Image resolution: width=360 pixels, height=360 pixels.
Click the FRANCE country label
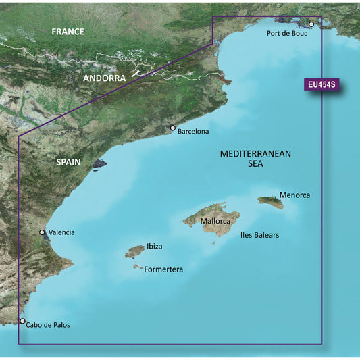[x=68, y=32]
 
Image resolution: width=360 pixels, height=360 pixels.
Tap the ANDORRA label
[x=105, y=78]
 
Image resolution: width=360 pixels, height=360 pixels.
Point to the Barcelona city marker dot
[x=173, y=128]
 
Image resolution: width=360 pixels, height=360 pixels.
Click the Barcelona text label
[x=193, y=132]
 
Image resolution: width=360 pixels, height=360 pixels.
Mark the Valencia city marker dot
[x=43, y=232]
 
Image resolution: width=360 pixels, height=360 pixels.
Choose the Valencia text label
[x=61, y=232]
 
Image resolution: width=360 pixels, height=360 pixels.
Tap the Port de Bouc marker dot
[x=311, y=24]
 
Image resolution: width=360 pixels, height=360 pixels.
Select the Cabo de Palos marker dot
[x=22, y=322]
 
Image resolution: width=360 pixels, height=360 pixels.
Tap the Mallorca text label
[x=220, y=221]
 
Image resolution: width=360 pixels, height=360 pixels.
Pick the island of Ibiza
[x=134, y=252]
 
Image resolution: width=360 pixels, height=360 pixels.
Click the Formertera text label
[x=164, y=269]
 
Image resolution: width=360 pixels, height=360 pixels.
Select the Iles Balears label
[x=260, y=236]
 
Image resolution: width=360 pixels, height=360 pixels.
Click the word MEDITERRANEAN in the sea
[x=255, y=154]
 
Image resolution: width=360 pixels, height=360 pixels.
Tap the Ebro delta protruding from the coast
[x=100, y=163]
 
